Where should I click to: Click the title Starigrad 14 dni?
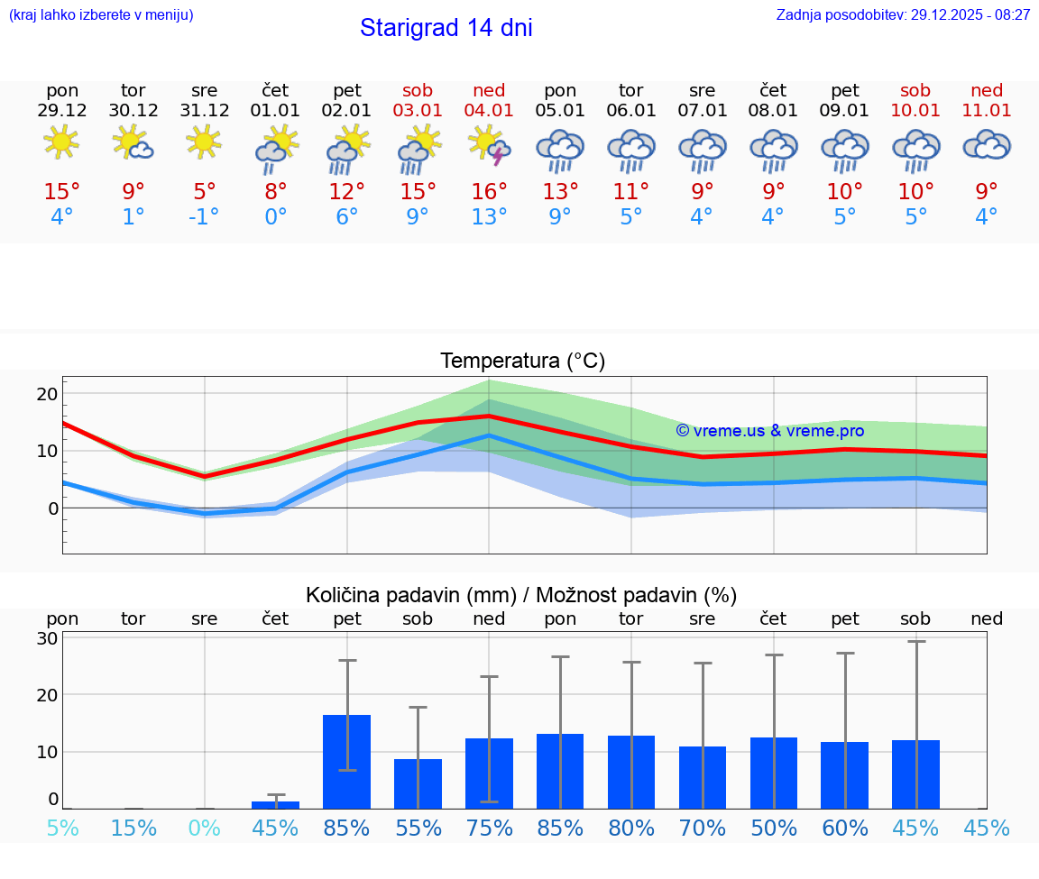tap(446, 28)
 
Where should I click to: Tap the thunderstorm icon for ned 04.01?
tap(489, 145)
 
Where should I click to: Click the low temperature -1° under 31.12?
tap(204, 216)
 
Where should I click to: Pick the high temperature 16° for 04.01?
tap(489, 191)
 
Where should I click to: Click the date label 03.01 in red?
tap(418, 111)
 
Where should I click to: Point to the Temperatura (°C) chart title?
tap(522, 362)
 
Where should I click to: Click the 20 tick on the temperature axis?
tap(47, 394)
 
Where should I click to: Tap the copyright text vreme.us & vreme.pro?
tap(769, 431)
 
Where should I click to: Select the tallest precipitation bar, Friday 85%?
tap(346, 762)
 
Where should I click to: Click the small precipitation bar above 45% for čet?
tap(275, 804)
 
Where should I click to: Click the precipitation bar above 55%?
tap(418, 783)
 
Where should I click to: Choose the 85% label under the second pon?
tap(560, 828)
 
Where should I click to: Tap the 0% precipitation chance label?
tap(204, 828)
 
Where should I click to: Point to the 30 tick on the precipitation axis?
tap(47, 638)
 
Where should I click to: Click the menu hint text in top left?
tap(101, 15)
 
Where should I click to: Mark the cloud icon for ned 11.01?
tap(987, 145)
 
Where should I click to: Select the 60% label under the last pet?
tap(845, 828)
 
